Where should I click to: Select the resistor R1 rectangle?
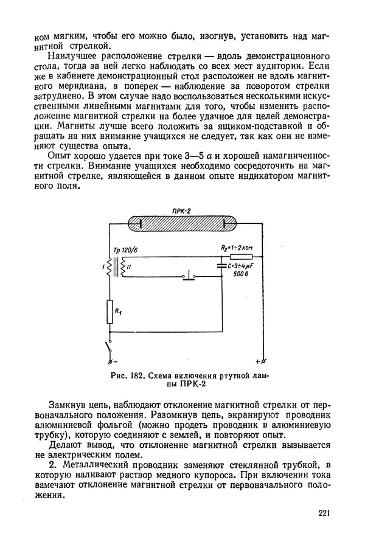click(x=110, y=312)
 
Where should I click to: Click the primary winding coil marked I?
click(x=109, y=265)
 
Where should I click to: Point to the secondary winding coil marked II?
click(x=123, y=265)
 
